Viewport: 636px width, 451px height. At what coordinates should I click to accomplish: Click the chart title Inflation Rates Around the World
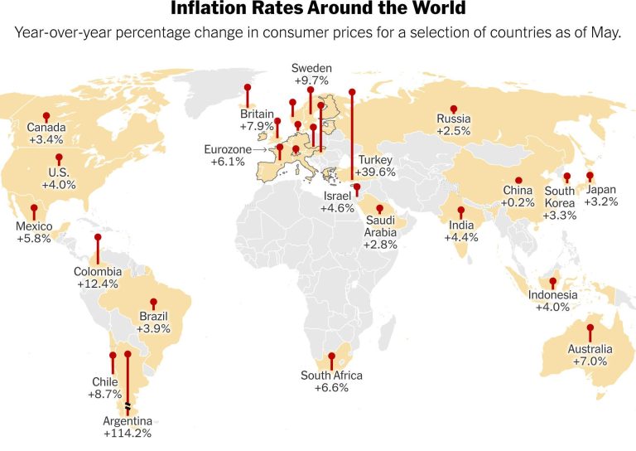point(318,10)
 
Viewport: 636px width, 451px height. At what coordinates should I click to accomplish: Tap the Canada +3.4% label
point(46,134)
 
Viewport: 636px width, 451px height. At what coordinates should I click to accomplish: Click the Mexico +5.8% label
point(34,232)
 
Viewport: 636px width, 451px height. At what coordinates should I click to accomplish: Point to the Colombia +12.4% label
point(98,277)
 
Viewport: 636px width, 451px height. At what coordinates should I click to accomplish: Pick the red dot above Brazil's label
point(153,302)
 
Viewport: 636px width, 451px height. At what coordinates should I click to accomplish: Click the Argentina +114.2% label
point(127,426)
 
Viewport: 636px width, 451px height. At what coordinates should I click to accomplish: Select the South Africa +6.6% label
point(331,381)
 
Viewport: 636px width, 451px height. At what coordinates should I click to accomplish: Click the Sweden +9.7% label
point(311,75)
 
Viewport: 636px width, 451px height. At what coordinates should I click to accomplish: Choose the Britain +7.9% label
point(257,120)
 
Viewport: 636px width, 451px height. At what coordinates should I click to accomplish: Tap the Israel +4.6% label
point(338,202)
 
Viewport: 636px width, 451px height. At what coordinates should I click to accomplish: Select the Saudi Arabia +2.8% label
point(382,227)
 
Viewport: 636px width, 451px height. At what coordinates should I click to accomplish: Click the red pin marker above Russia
point(454,109)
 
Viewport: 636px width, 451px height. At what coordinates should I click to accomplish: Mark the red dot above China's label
point(518,180)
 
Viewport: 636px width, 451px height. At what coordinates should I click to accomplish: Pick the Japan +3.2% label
point(600,195)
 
